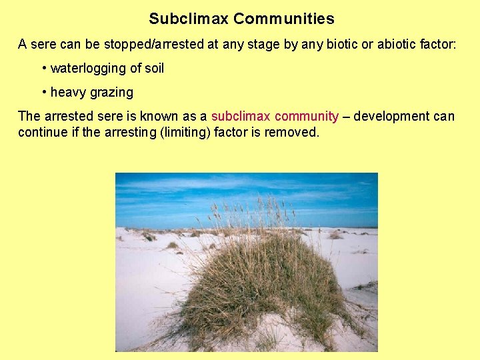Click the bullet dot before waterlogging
tap(43, 68)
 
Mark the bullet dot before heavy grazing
tap(43, 92)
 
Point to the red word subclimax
tap(241, 116)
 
